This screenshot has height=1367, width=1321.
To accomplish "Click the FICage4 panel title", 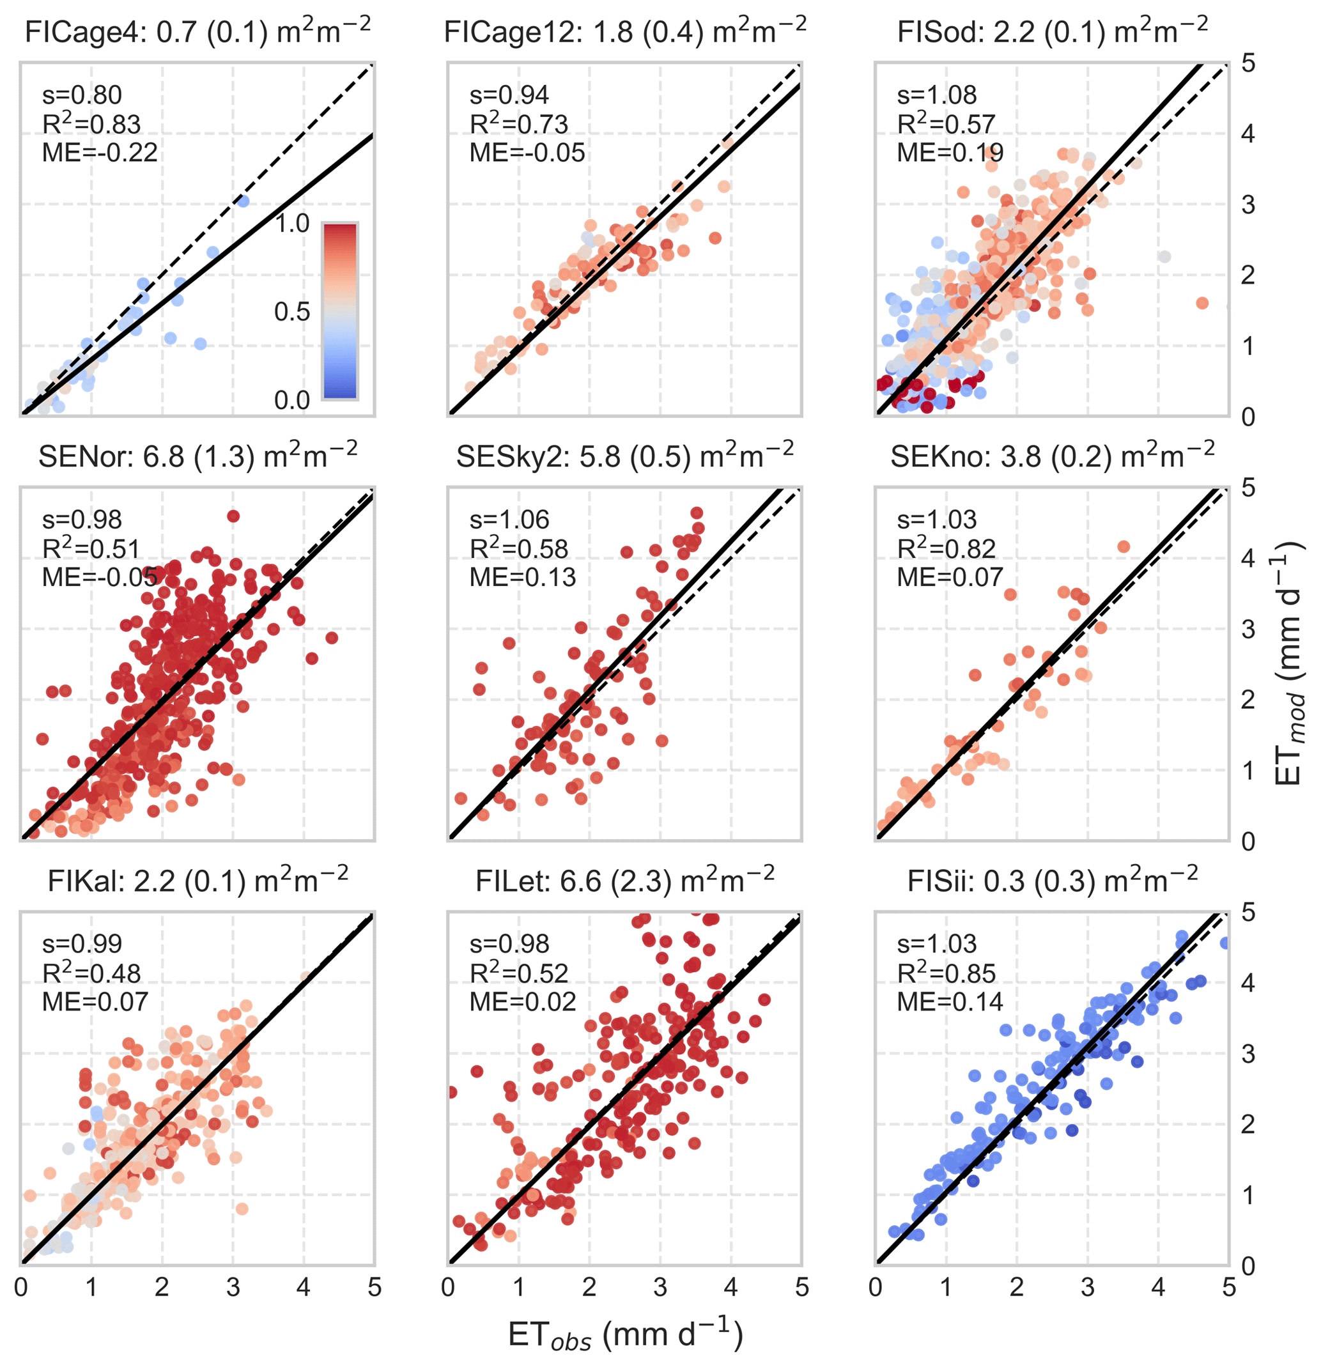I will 197,31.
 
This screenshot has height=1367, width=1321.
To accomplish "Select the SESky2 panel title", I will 625,456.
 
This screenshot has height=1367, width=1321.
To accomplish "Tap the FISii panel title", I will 1053,881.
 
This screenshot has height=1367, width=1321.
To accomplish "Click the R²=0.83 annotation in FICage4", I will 91,124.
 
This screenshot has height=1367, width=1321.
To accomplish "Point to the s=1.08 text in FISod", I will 937,95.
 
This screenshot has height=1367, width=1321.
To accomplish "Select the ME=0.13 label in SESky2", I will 522,578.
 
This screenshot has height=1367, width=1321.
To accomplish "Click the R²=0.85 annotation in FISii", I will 946,973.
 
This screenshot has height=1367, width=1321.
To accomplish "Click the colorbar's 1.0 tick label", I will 291,224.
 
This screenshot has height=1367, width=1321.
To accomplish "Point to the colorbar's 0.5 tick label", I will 291,312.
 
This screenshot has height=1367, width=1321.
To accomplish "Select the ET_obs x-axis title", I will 625,1335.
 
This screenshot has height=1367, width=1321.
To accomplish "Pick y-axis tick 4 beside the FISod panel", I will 1248,134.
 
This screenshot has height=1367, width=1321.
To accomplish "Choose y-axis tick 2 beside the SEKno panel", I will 1248,700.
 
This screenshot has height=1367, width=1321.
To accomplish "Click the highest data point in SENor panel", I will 233,516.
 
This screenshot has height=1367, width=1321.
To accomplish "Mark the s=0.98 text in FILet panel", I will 509,944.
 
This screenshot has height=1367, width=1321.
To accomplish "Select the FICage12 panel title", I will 625,31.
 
